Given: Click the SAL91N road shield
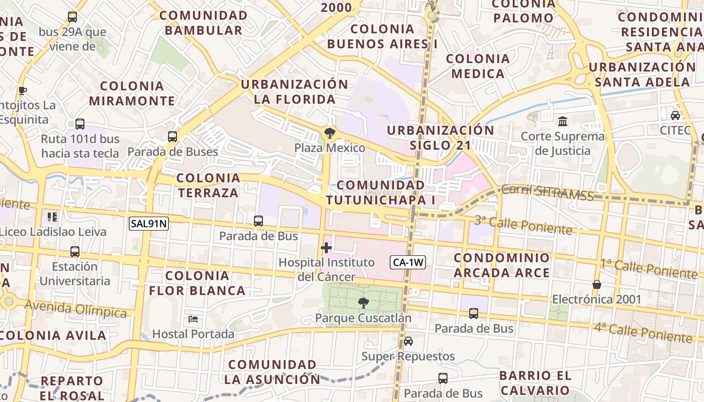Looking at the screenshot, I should point(148,224).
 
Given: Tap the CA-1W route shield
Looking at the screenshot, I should point(408,262).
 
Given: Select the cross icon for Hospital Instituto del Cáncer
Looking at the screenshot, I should point(326,248).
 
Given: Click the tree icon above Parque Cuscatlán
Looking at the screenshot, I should point(363,303).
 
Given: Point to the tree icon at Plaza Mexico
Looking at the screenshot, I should point(330,133).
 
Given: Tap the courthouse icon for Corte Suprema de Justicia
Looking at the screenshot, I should point(563,121).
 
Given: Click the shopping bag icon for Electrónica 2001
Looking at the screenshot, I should point(597,284).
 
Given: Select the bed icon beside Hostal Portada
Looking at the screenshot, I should point(193,319).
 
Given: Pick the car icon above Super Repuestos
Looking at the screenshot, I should point(408,341).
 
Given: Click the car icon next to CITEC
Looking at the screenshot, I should point(675,115).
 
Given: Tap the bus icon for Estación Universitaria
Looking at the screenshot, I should point(75,252).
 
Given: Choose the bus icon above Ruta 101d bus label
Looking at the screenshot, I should point(80,124).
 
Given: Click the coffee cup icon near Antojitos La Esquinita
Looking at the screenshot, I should point(22,90).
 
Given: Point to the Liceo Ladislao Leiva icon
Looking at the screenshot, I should point(52,217).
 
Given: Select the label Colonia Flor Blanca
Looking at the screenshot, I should point(197,283).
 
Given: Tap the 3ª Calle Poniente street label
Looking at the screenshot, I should point(523,225).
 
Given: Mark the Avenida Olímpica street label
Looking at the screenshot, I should point(75,309).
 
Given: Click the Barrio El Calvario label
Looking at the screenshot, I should point(536,383).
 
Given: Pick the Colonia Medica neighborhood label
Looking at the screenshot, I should point(478,66).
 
